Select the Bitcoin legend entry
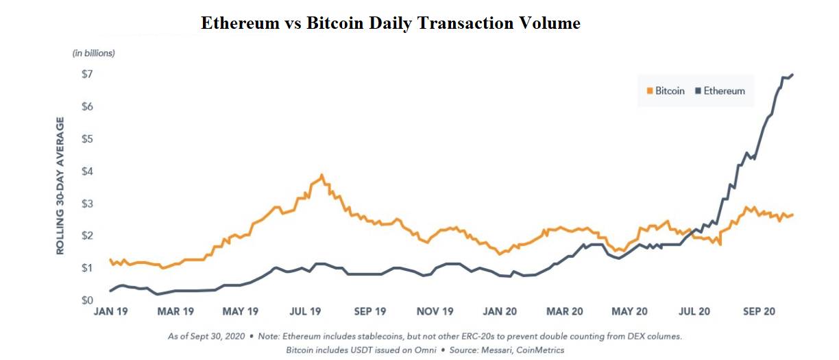(x=666, y=91)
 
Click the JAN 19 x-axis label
(x=111, y=312)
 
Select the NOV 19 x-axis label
(x=435, y=312)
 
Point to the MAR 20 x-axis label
(x=564, y=312)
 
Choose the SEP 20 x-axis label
(x=758, y=312)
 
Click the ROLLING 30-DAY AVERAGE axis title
(x=60, y=186)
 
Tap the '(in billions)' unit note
(x=94, y=53)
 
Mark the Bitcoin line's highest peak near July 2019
(x=321, y=175)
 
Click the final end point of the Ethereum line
(x=792, y=74)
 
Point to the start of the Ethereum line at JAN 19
(x=111, y=291)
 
